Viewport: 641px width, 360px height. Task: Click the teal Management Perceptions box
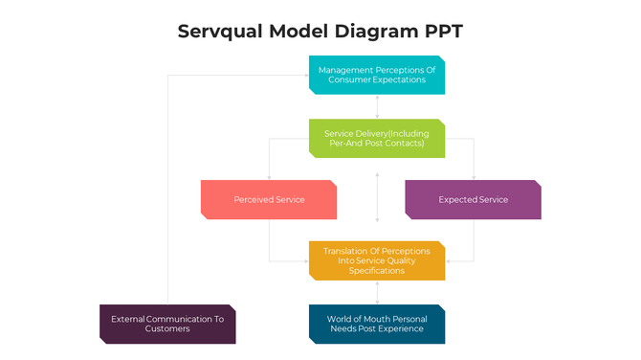pos(377,75)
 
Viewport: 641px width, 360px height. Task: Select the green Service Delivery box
pos(377,138)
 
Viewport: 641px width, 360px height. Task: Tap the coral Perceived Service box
pos(269,199)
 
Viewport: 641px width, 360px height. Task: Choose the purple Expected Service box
pos(473,199)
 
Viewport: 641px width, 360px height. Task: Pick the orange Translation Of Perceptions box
pos(377,260)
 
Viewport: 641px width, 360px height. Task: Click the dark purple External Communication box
pos(167,324)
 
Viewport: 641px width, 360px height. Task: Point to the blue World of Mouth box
pos(377,324)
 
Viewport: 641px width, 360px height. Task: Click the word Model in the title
pos(300,31)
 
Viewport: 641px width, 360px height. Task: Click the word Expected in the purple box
pos(457,200)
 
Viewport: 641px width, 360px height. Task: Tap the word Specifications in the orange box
pos(377,271)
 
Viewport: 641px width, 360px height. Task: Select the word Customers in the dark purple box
pos(167,329)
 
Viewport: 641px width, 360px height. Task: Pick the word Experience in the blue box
pos(402,329)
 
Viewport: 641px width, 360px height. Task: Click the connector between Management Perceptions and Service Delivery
pos(377,106)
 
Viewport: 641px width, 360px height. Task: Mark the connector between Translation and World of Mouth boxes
pos(377,292)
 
